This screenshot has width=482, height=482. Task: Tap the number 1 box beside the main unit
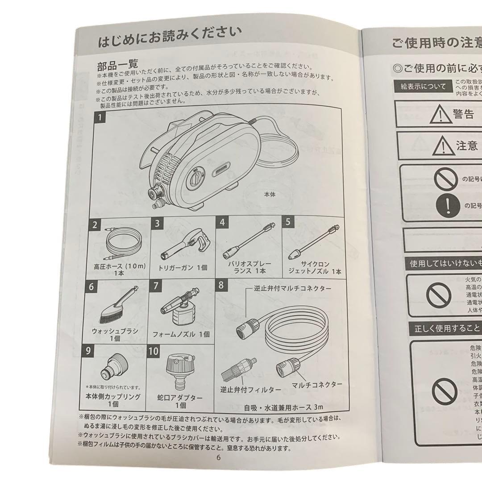(101, 118)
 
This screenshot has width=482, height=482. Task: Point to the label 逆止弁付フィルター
(250, 389)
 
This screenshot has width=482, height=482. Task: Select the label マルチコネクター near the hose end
(317, 384)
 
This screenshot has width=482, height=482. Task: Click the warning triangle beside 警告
(440, 115)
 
